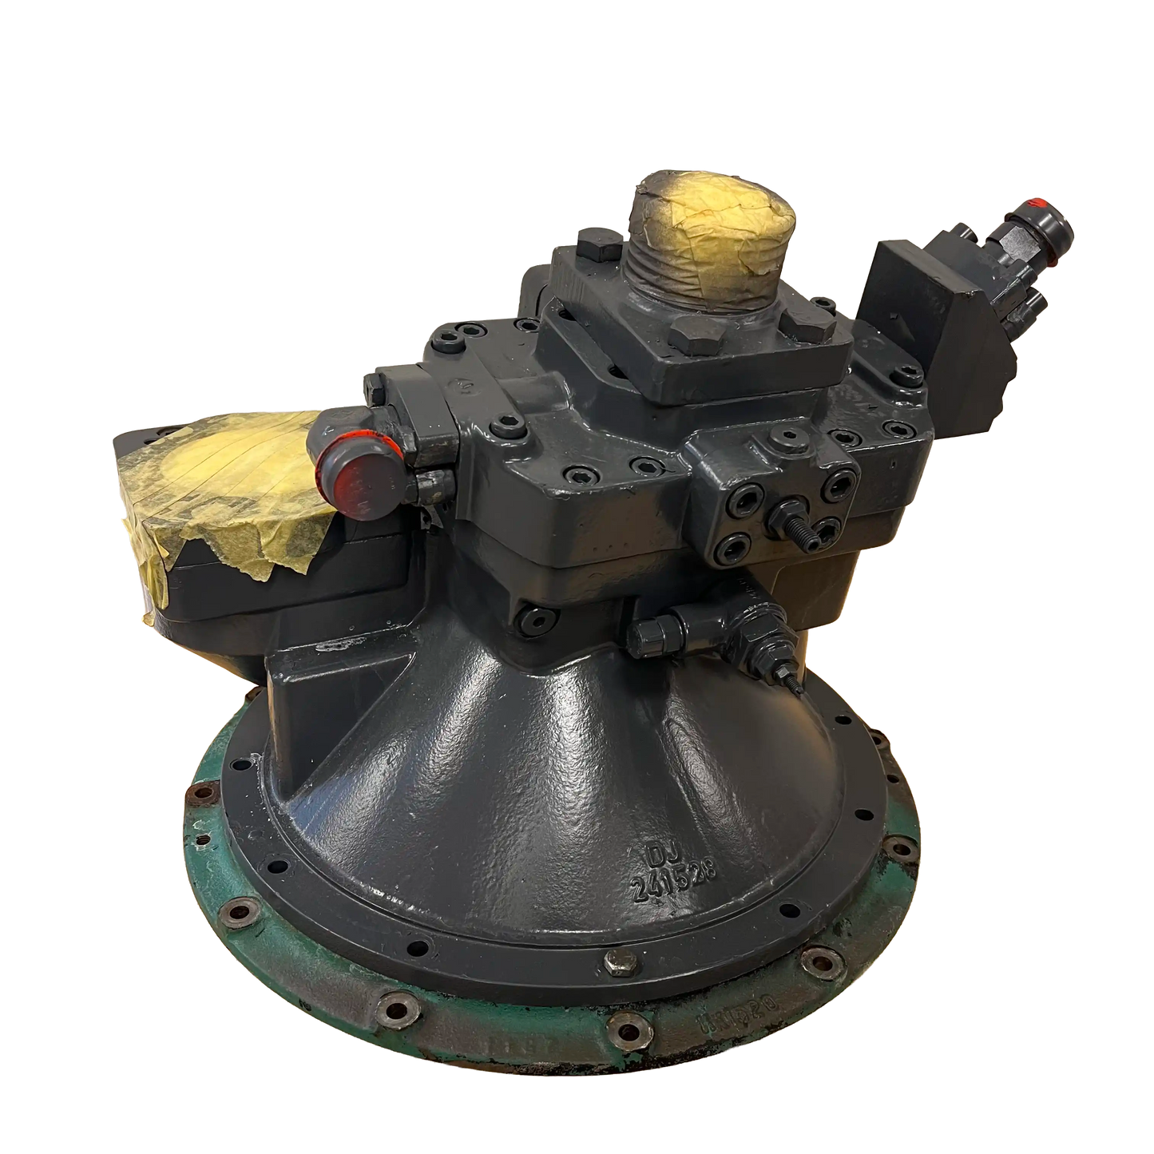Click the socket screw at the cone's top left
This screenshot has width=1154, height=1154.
529,617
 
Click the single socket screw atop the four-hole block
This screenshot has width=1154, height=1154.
789,435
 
